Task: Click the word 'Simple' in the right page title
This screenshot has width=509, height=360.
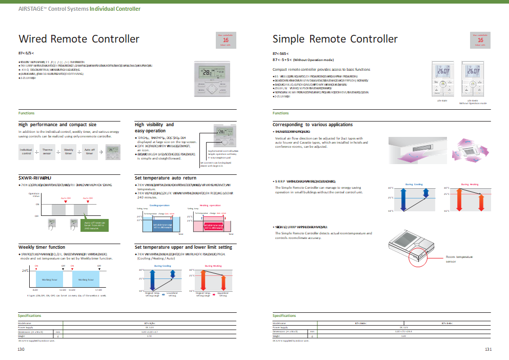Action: (290, 39)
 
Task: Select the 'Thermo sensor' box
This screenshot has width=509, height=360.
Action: (47, 151)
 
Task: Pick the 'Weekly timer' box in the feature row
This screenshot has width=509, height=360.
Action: (68, 151)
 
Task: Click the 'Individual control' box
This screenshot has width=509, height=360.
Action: (26, 151)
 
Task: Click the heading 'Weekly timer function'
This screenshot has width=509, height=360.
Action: (42, 247)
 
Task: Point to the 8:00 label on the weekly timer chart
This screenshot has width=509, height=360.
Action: (35, 290)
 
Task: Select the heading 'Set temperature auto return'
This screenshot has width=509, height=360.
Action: (166, 178)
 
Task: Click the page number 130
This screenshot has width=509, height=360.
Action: (21, 349)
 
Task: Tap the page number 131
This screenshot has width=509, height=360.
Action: (488, 349)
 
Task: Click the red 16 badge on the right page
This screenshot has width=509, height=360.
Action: (480, 40)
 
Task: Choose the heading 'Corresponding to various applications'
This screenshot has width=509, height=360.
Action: (313, 125)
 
